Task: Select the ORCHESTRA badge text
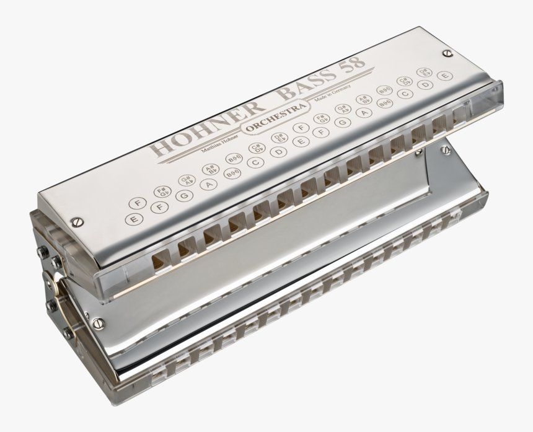(276, 118)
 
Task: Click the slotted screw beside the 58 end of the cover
(447, 54)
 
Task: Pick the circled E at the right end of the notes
(444, 76)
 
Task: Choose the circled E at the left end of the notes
(131, 219)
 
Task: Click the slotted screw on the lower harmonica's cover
(97, 323)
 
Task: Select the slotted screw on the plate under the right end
(445, 149)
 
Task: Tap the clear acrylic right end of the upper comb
(490, 99)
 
